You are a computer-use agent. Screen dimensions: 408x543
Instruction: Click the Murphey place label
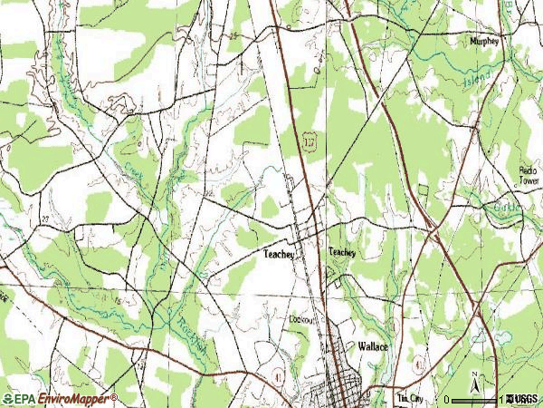(x=485, y=42)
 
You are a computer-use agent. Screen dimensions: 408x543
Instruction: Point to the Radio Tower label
(x=528, y=176)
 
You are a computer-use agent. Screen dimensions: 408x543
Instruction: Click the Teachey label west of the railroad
(x=280, y=255)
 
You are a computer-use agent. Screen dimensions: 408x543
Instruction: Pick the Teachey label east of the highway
(x=342, y=253)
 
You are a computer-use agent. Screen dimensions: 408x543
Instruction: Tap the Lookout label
(x=301, y=320)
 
